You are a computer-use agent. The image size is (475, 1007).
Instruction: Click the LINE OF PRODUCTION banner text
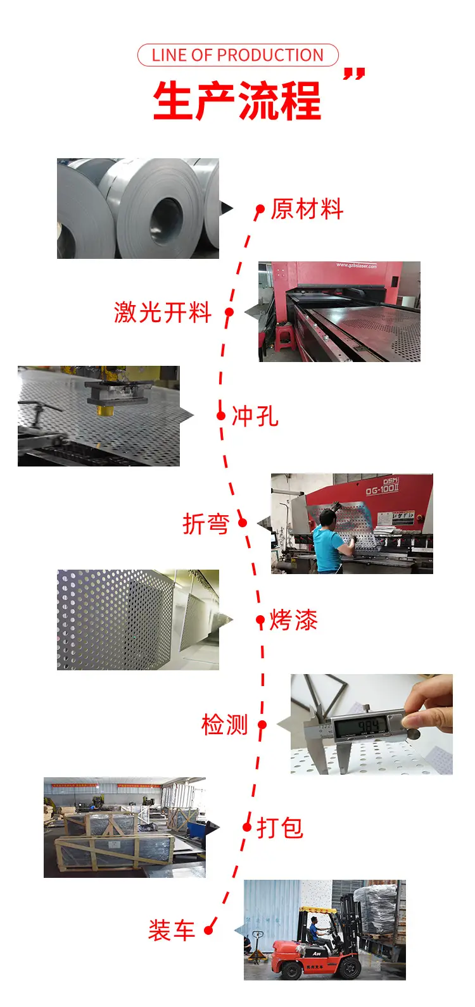coord(237,55)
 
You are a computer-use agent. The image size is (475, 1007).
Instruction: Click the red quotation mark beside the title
coord(354,74)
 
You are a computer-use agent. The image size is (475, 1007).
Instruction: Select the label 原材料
coord(307,209)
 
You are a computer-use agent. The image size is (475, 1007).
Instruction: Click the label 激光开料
coord(163,313)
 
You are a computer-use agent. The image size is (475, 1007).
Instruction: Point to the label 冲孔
coord(255,416)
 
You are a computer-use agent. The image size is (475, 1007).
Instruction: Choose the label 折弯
coord(206,523)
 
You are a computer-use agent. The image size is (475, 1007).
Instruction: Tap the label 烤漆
coord(293,620)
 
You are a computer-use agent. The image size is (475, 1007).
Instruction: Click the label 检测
coord(225,725)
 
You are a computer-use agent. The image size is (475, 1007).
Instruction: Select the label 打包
coord(280,827)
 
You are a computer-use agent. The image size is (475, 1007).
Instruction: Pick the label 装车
coord(172,930)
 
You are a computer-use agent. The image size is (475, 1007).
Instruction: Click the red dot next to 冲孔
coord(221,415)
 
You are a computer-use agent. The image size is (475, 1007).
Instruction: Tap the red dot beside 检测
coord(262,725)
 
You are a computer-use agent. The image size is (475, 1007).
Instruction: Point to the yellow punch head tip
coord(104,410)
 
